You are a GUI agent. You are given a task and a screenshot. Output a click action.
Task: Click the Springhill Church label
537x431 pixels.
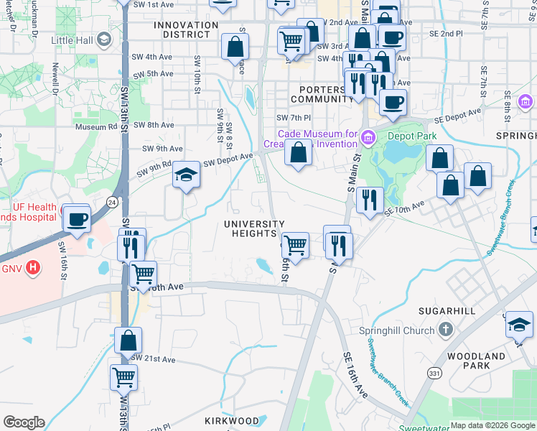[397, 330]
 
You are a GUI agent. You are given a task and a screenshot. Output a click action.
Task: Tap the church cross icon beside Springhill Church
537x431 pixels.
[446, 330]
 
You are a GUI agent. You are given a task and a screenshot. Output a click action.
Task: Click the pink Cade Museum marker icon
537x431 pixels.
[368, 135]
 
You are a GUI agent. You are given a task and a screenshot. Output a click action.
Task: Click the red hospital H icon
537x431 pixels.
[32, 269]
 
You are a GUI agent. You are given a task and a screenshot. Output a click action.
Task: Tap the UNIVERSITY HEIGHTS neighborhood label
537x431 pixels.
[254, 228]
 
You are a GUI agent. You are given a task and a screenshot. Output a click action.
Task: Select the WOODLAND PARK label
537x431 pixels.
[476, 361]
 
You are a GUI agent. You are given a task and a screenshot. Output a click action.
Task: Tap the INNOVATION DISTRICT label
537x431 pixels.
[186, 29]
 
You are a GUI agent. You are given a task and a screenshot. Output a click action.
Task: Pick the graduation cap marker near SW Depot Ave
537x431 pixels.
[186, 175]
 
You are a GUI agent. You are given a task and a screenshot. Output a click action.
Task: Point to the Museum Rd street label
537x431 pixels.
[95, 127]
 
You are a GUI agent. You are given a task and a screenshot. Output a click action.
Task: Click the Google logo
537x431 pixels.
[24, 422]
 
